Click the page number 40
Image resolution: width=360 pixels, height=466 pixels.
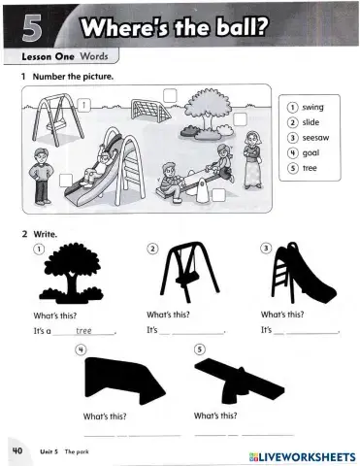(17, 451)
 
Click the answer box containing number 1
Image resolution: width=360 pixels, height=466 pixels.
(85, 103)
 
